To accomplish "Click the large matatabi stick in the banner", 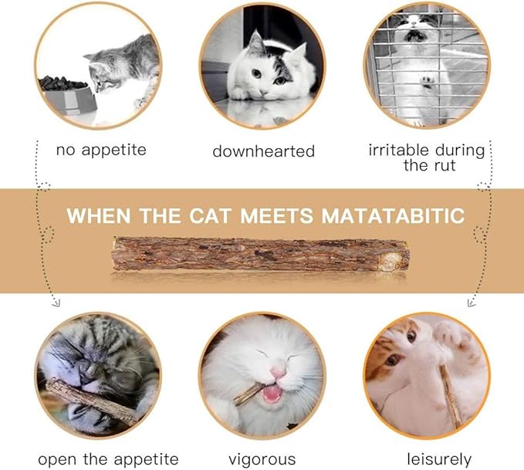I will pos(260,254).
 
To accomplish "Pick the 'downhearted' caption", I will pos(263,151).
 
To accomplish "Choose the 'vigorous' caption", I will pos(262,459).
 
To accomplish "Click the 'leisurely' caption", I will pos(439,459).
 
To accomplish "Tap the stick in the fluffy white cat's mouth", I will pos(247,394).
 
